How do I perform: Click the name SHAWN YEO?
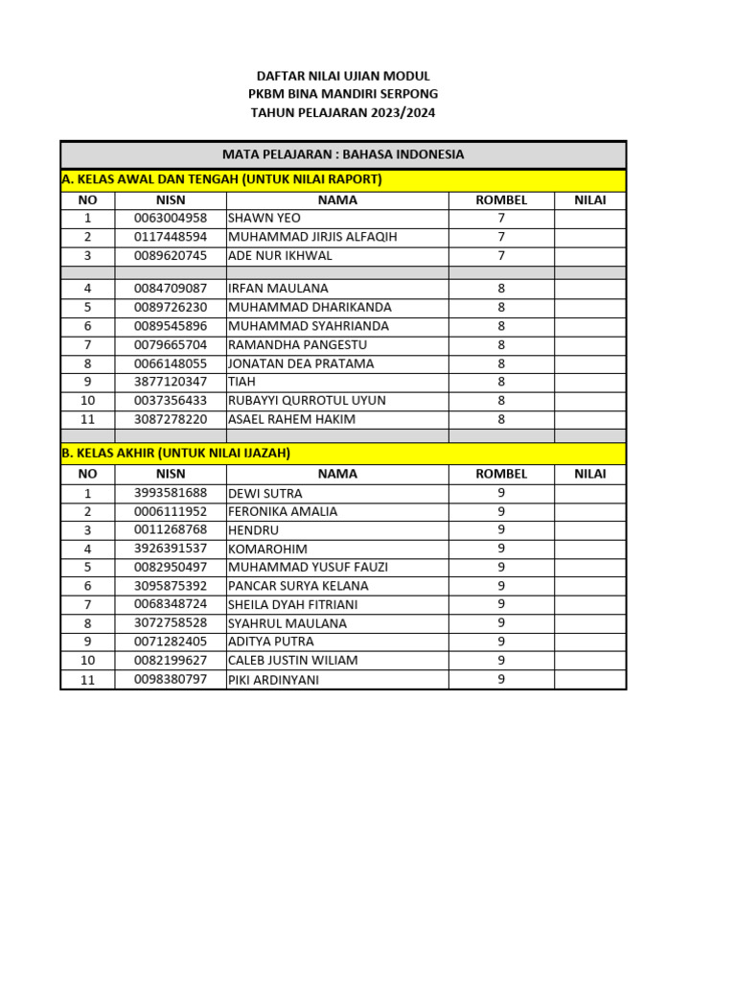[264, 219]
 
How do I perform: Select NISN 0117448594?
[171, 237]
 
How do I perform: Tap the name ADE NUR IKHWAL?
[280, 256]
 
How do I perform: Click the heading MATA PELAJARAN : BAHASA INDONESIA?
[343, 154]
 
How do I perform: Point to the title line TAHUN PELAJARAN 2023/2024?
[343, 113]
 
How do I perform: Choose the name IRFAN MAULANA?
[278, 289]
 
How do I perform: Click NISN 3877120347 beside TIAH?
[171, 382]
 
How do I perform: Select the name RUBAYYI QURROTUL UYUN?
[307, 400]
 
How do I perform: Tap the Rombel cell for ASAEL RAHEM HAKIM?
[500, 419]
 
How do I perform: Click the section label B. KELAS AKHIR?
[175, 453]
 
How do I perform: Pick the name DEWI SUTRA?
[264, 494]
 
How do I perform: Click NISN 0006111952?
[171, 512]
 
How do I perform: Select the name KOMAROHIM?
[267, 549]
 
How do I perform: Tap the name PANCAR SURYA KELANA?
[298, 586]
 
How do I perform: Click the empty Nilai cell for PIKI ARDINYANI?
[589, 679]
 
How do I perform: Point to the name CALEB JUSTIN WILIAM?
[292, 661]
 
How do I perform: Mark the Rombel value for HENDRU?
[500, 529]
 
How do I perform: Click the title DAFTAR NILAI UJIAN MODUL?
[343, 76]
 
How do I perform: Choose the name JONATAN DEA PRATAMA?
[301, 363]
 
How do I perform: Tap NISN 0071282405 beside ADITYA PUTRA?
[171, 642]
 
